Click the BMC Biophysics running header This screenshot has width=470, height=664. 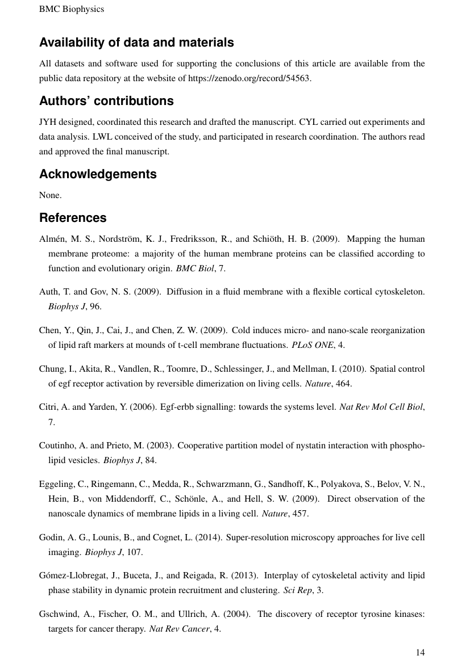point(72,9)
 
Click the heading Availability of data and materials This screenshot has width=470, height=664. point(136,43)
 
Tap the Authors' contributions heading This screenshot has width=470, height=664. point(106,101)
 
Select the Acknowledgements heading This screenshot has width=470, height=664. point(98,174)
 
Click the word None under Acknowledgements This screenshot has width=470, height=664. point(49,195)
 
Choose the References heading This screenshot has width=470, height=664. point(73,218)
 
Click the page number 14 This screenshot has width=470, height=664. point(420,653)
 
